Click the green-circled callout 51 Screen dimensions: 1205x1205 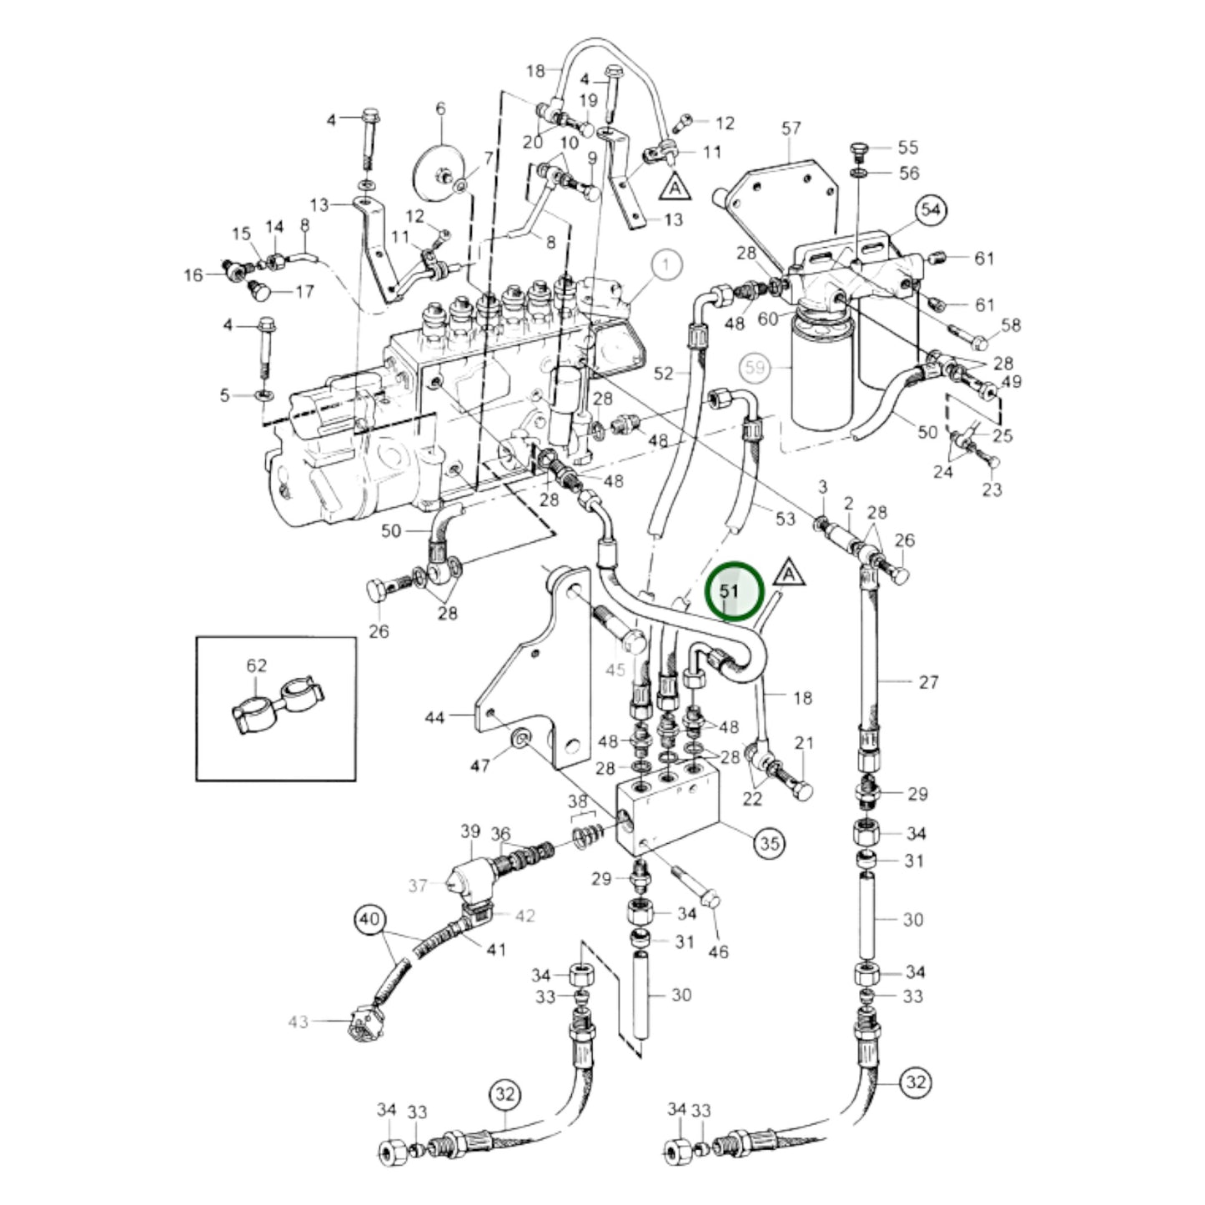733,590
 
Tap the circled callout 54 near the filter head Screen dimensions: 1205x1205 931,211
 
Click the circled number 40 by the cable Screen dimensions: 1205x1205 369,920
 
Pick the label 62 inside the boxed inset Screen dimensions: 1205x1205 257,665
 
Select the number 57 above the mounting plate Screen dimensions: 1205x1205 791,128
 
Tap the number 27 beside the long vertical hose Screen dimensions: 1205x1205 928,682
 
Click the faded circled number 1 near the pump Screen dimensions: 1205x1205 666,266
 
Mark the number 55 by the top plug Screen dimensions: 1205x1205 908,148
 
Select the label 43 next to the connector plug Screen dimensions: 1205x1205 298,1022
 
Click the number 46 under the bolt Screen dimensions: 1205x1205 718,951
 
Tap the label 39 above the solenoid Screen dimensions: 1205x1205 471,831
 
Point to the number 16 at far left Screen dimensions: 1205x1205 193,274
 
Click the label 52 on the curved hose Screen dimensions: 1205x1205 663,374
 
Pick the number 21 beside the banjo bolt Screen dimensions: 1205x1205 803,743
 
